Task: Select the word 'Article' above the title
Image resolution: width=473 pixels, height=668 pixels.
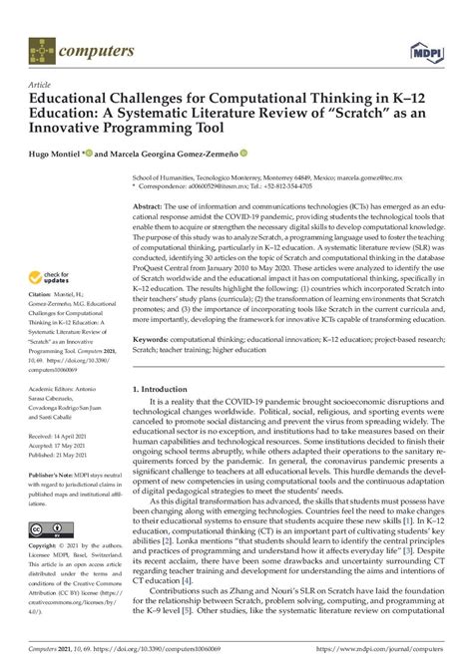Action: tap(41, 86)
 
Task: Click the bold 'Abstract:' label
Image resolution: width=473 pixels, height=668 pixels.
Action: tap(153, 204)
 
